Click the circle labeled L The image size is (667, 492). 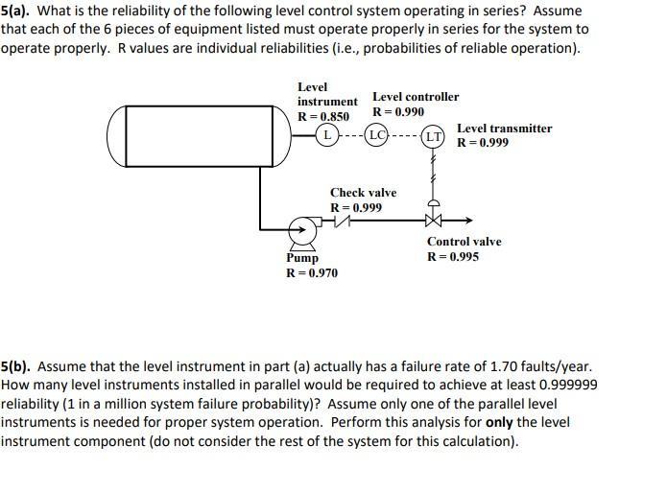coord(326,135)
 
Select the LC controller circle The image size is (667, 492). coord(377,135)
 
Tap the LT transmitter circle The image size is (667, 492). coord(433,137)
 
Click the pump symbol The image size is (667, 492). coord(303,234)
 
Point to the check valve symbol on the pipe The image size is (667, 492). coord(342,221)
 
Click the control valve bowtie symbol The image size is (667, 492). coord(433,221)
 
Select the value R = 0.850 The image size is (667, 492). coord(323,116)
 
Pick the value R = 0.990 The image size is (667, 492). coord(398,112)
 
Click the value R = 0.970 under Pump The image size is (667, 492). coord(312,272)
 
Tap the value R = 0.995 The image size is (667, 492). coord(453,256)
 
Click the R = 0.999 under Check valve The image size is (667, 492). coord(356,207)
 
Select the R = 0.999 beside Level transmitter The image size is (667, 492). coord(483,143)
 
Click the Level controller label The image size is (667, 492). coord(416,97)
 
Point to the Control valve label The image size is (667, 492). coord(465,242)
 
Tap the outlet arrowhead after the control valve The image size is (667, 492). coord(469,221)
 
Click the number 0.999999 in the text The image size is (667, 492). coord(568,385)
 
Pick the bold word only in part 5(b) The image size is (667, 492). coord(499,423)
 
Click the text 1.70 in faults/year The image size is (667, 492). coord(504,366)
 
